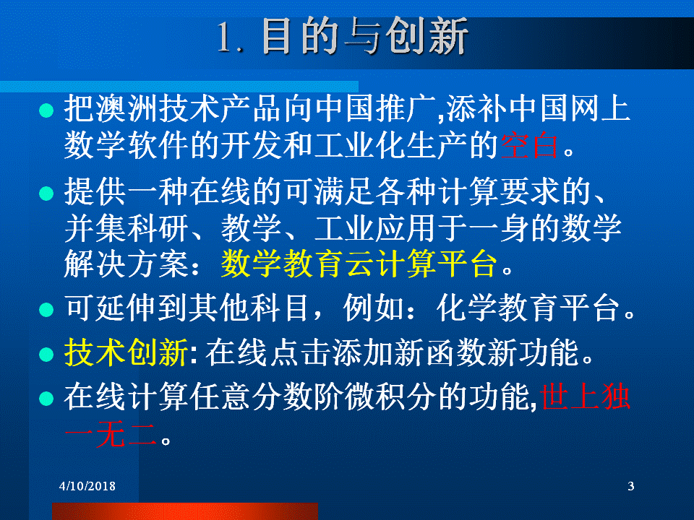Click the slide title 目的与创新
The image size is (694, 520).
pyautogui.click(x=364, y=36)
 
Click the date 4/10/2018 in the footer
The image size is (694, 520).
pyautogui.click(x=87, y=486)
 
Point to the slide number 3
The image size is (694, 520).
pyautogui.click(x=630, y=486)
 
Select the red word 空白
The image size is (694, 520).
pyautogui.click(x=529, y=145)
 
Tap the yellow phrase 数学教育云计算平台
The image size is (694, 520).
pyautogui.click(x=359, y=264)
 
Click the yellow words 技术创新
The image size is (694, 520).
pyautogui.click(x=126, y=352)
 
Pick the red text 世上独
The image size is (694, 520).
pyautogui.click(x=585, y=396)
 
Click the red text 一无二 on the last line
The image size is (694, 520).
pyautogui.click(x=111, y=435)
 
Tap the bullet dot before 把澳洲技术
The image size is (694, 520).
pyautogui.click(x=46, y=110)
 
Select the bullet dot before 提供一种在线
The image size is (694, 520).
pyautogui.click(x=46, y=194)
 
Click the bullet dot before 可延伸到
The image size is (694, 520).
pyautogui.click(x=46, y=310)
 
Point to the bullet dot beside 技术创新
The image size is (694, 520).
pyautogui.click(x=46, y=354)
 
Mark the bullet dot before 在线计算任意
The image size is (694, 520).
pyautogui.click(x=46, y=399)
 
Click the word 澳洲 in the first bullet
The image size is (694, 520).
pyautogui.click(x=126, y=109)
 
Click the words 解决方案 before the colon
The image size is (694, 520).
pyautogui.click(x=126, y=264)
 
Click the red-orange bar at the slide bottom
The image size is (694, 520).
pyautogui.click(x=185, y=511)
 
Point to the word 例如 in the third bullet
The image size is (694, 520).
pyautogui.click(x=373, y=308)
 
